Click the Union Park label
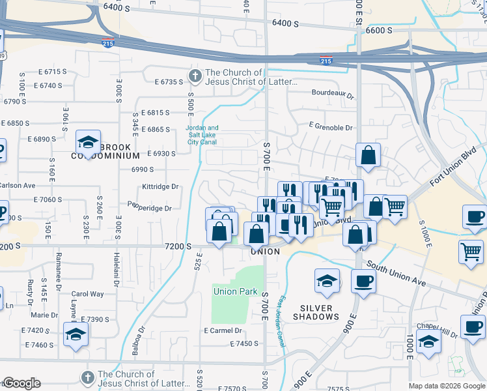236,291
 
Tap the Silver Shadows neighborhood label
320,312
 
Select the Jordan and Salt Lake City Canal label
202,134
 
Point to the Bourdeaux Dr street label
331,94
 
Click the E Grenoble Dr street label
330,128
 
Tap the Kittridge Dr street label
160,186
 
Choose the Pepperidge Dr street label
150,209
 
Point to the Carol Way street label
87,294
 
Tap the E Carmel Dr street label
223,330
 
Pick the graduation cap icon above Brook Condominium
87,141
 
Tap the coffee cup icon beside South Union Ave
363,281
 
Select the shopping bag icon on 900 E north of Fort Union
368,155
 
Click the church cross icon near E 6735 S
194,76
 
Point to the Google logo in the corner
21,383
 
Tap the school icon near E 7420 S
76,334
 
